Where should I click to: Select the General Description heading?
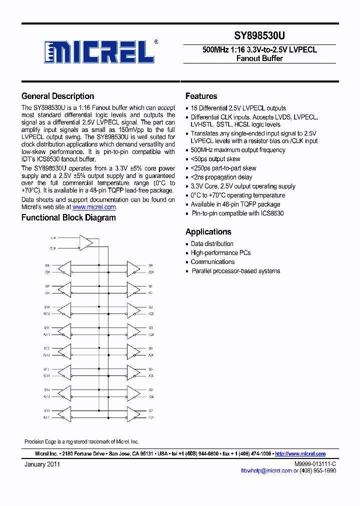(x=57, y=96)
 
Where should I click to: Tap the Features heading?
(x=201, y=96)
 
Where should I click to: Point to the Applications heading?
(x=208, y=232)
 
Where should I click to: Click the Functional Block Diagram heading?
(x=68, y=218)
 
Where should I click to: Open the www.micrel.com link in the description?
(x=94, y=207)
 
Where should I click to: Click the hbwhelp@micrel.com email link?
(x=266, y=470)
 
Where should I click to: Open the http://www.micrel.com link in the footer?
(x=300, y=454)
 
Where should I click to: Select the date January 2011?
(x=42, y=464)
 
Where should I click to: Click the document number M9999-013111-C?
(x=315, y=464)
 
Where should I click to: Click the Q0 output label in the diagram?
(x=150, y=265)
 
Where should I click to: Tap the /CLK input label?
(x=53, y=247)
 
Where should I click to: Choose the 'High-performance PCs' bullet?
(x=220, y=253)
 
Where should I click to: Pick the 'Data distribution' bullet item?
(x=212, y=244)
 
